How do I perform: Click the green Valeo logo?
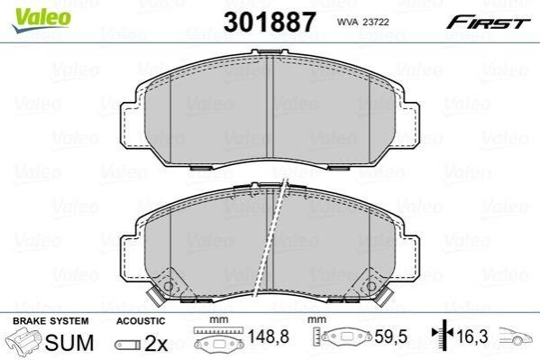(x=41, y=20)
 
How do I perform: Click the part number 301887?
(x=270, y=22)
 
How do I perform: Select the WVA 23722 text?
(x=362, y=22)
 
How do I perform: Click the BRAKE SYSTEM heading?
(x=50, y=321)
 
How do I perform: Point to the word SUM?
(x=69, y=343)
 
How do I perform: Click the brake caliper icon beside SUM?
(x=24, y=341)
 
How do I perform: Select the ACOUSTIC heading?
(x=141, y=321)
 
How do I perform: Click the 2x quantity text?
(x=156, y=343)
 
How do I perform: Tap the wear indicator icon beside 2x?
(x=128, y=345)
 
